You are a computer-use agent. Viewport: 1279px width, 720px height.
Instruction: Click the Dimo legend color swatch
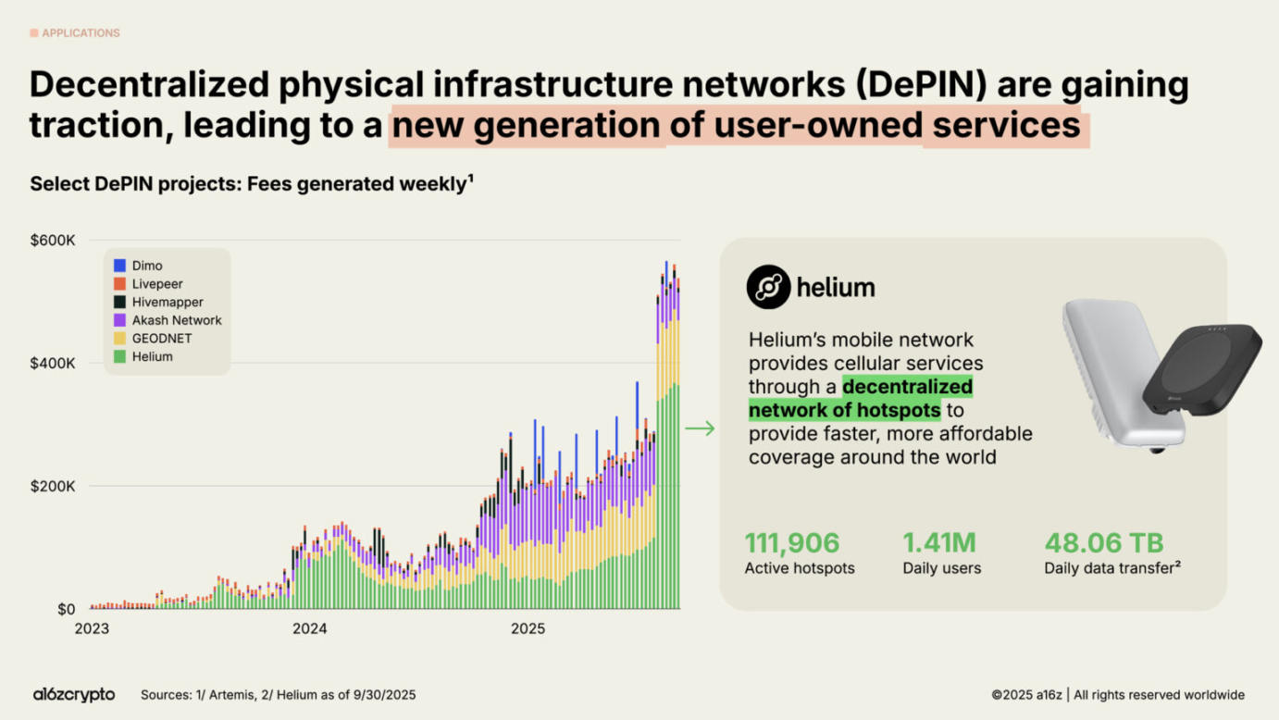click(119, 266)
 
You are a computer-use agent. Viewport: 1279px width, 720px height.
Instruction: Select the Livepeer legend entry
click(156, 284)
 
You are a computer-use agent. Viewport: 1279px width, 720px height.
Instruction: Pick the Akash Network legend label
click(177, 320)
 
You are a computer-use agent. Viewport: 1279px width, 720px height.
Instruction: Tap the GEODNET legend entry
click(161, 339)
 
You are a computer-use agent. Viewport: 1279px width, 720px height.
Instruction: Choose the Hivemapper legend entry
click(167, 302)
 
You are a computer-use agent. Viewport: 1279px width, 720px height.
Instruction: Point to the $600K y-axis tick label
click(53, 241)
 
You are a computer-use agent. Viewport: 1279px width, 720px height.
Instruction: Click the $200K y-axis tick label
click(53, 486)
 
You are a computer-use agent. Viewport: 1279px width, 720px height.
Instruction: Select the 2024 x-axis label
click(309, 629)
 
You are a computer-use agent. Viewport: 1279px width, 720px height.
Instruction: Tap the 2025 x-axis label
click(528, 629)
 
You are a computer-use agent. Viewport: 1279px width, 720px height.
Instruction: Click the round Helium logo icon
click(768, 287)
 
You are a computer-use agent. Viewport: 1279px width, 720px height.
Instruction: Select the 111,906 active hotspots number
click(792, 542)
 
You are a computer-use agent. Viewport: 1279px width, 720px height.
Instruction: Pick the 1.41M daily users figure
click(939, 542)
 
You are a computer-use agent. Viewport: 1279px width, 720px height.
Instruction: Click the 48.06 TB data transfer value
click(1104, 542)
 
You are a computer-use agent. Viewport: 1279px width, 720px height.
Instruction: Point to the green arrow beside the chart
click(700, 428)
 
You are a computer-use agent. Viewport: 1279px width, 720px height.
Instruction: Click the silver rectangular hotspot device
click(1106, 370)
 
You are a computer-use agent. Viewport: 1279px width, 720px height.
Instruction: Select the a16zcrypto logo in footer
click(74, 694)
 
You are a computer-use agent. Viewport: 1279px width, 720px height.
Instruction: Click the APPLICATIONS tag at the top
click(80, 33)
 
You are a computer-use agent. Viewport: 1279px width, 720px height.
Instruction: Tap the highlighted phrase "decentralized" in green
click(907, 387)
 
